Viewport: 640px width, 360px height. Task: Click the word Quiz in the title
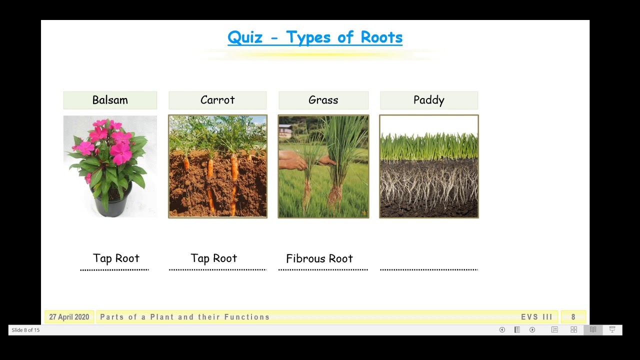245,37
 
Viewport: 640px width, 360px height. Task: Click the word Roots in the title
381,37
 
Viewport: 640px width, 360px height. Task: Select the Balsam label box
110,100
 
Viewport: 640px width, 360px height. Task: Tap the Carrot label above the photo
217,100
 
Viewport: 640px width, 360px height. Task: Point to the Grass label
323,100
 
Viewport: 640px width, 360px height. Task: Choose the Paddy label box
429,100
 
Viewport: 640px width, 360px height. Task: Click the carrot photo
217,166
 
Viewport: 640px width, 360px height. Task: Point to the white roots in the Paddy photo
429,185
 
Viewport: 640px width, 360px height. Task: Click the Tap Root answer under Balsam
116,258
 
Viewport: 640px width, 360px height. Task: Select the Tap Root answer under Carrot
213,258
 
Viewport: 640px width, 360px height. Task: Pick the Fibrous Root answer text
319,258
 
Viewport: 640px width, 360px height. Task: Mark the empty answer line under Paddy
429,268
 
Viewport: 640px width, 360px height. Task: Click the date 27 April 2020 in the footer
69,317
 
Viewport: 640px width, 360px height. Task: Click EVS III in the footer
536,317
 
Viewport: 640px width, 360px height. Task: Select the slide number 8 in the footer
573,317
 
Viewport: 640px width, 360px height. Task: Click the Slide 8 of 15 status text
25,330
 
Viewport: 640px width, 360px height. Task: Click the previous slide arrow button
502,330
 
